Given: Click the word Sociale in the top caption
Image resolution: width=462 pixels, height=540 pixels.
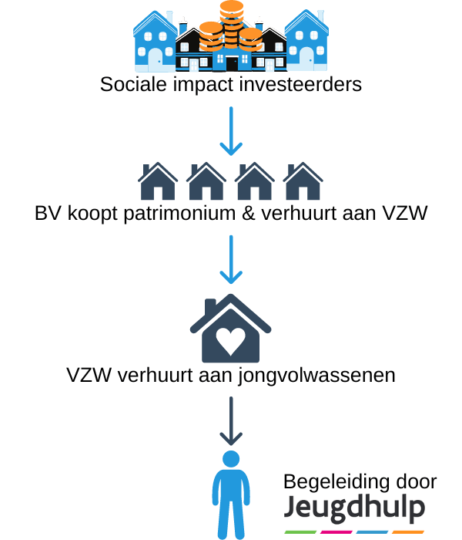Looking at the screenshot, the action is click(x=133, y=84).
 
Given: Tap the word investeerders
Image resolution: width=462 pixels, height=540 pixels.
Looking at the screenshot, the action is click(x=300, y=84).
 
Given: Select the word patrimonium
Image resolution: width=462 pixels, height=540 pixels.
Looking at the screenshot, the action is click(x=179, y=214).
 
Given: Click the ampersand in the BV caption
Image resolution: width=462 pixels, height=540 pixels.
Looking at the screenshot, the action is click(x=248, y=213).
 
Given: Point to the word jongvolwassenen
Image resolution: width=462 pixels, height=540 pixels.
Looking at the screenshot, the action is click(x=317, y=376).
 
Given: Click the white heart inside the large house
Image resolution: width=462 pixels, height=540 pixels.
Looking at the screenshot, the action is click(x=231, y=341).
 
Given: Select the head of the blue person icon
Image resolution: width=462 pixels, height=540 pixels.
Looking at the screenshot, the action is click(x=231, y=459).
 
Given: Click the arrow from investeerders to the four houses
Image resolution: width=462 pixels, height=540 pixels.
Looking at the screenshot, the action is click(x=231, y=131).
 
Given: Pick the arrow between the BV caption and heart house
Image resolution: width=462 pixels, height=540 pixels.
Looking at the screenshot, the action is click(x=231, y=260).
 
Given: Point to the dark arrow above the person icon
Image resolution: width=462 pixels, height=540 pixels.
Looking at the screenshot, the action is click(x=231, y=421).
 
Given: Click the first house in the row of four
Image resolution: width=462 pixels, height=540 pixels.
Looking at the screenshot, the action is click(x=158, y=181).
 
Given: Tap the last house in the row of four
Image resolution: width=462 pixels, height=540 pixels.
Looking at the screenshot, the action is click(x=303, y=181).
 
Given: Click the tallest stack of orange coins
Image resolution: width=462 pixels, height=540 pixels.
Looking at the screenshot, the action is click(x=232, y=25).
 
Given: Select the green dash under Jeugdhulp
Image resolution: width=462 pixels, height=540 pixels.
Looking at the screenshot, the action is click(x=300, y=532).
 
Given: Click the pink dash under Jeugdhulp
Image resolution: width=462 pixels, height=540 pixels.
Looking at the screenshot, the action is click(x=336, y=532).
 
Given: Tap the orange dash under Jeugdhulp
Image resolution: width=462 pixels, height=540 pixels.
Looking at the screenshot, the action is click(x=408, y=532).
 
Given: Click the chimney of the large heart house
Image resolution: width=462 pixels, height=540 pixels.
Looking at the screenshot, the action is click(x=210, y=307).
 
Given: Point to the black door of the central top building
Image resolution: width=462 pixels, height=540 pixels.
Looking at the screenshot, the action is click(x=232, y=64).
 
